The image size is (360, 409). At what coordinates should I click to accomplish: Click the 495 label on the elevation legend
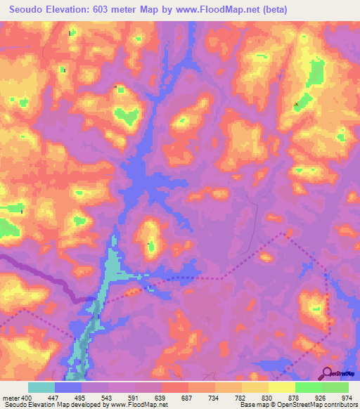[x=81, y=398]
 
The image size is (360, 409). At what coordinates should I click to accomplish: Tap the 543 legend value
[x=108, y=398]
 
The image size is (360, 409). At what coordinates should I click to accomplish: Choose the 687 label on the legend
[x=188, y=398]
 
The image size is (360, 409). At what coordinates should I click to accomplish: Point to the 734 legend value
[x=214, y=398]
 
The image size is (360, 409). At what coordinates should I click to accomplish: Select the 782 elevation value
[x=241, y=398]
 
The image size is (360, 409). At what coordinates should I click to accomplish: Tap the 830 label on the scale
[x=268, y=398]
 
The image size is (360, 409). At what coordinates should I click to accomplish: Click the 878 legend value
[x=295, y=398]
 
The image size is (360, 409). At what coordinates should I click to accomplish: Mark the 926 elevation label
[x=321, y=398]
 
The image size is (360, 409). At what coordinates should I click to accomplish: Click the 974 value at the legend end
[x=347, y=398]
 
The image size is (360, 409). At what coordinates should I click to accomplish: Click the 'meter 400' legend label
[x=14, y=398]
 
